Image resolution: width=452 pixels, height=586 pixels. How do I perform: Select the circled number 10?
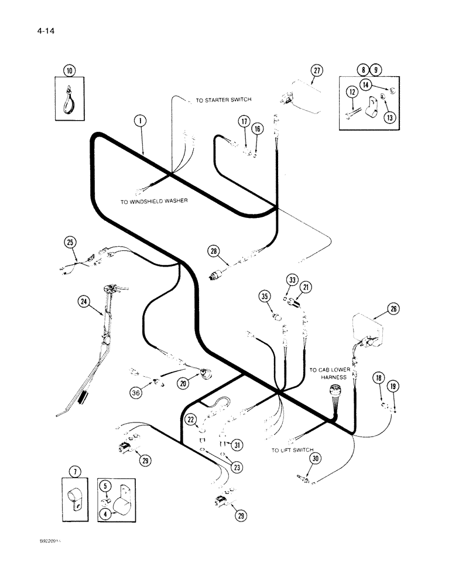point(70,71)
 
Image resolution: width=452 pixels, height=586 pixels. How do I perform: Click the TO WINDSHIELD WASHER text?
point(153,201)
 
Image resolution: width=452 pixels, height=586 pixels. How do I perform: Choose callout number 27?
point(317,71)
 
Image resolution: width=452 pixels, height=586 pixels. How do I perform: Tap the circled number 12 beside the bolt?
point(351,91)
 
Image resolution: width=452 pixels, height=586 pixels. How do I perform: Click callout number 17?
point(244,121)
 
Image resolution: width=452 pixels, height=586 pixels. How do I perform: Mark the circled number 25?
point(70,241)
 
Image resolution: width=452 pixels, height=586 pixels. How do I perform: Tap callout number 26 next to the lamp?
point(393,309)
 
